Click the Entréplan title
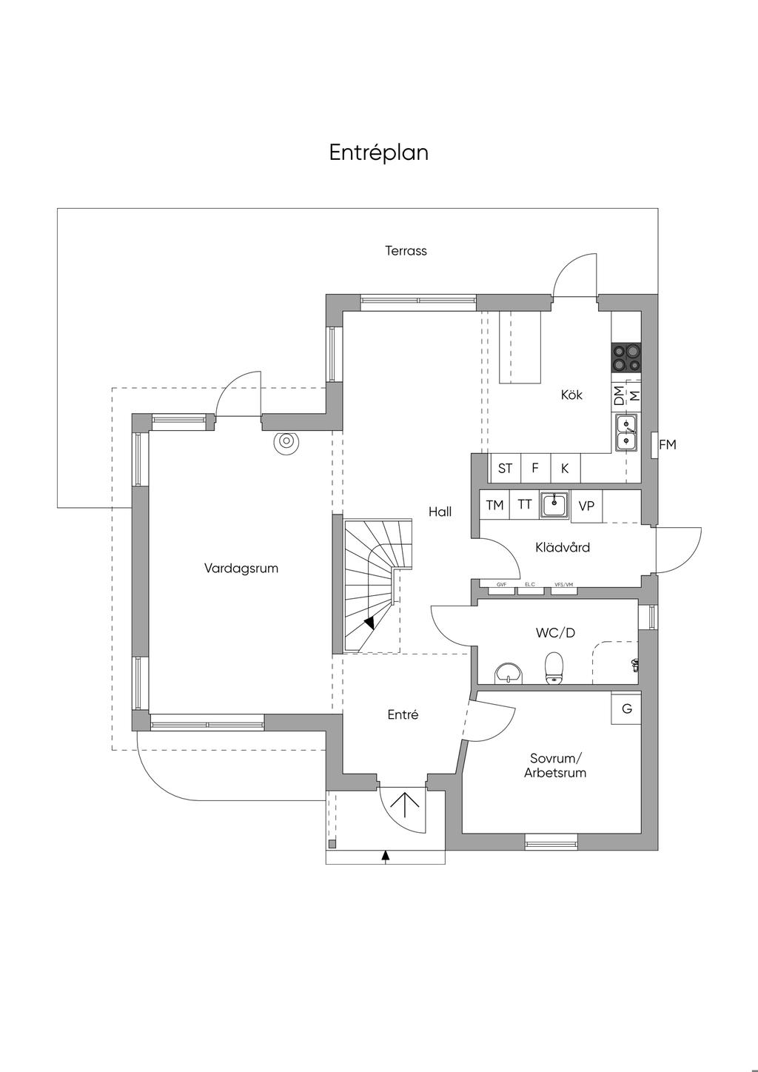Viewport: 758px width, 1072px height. tap(378, 153)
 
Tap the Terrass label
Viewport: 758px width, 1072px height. tap(406, 251)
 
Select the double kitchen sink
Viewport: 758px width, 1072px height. tap(625, 434)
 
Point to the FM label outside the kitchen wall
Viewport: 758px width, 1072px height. tap(667, 445)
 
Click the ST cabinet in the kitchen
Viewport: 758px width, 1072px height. tap(506, 469)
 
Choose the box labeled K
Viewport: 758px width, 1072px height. tap(565, 469)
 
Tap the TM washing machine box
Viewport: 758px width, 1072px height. tap(494, 505)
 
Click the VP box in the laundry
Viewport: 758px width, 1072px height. tap(586, 506)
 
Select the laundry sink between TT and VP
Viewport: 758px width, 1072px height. tap(554, 505)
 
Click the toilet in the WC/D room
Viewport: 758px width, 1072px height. tap(554, 668)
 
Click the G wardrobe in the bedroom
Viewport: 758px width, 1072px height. tap(626, 708)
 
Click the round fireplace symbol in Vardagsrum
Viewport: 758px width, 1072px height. tap(286, 442)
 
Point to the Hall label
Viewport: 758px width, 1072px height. tap(440, 512)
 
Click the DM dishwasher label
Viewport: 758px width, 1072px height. tap(619, 395)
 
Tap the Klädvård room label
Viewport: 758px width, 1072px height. tap(563, 548)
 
